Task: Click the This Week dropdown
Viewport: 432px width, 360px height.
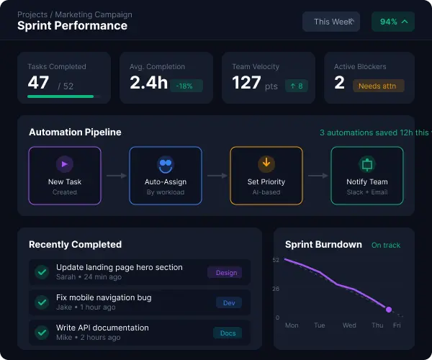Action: [x=331, y=22]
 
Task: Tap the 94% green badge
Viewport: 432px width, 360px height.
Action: [x=393, y=22]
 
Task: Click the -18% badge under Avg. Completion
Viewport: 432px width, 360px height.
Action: [x=186, y=86]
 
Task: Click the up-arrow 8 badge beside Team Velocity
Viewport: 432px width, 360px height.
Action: [x=297, y=86]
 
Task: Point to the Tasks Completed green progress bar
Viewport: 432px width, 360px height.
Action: [x=60, y=96]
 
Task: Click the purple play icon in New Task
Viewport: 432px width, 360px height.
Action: [x=65, y=164]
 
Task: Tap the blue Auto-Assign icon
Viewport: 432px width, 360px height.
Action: [x=166, y=164]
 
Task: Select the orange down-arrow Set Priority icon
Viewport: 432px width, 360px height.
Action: [x=266, y=163]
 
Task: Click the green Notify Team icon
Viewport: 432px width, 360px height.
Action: [x=367, y=164]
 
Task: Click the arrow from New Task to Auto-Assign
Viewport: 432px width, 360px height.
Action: [x=115, y=175]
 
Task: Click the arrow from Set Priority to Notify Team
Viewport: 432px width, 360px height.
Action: [x=317, y=175]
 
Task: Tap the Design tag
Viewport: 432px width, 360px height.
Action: [x=226, y=273]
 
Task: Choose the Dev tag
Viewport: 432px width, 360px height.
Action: [x=229, y=303]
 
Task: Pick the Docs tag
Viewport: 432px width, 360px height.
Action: [x=228, y=333]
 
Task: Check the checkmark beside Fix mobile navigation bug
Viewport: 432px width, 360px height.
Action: [x=42, y=302]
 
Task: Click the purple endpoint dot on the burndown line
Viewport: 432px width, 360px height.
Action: [x=389, y=310]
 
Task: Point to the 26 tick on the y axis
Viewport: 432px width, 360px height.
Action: [x=276, y=289]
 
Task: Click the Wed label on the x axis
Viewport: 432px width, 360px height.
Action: [x=349, y=325]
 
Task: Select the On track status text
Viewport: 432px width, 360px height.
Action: [x=386, y=246]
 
